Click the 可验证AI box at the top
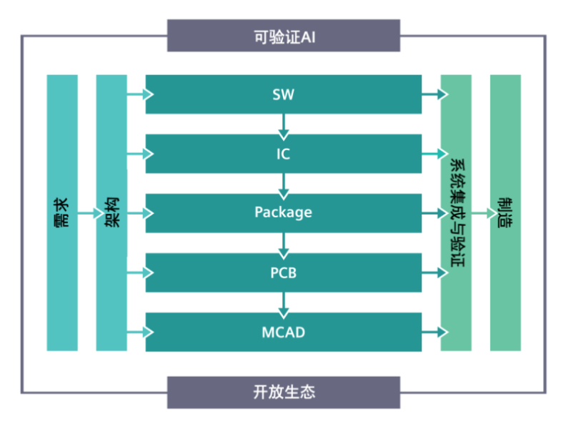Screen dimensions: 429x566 pyautogui.click(x=284, y=36)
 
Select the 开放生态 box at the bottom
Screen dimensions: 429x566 pyautogui.click(x=284, y=392)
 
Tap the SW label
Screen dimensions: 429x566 pyautogui.click(x=284, y=94)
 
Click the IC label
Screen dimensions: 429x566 pyautogui.click(x=284, y=154)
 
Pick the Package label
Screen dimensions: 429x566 pyautogui.click(x=284, y=212)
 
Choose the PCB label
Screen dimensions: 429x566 pyautogui.click(x=284, y=272)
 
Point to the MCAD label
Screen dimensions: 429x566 pyautogui.click(x=284, y=332)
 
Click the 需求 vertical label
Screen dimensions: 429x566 pyautogui.click(x=62, y=212)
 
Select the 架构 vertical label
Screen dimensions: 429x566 pyautogui.click(x=112, y=212)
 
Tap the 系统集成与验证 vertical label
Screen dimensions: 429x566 pyautogui.click(x=456, y=212)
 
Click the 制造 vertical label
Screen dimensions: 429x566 pyautogui.click(x=505, y=212)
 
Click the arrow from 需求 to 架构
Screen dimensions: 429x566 pyautogui.click(x=87, y=213)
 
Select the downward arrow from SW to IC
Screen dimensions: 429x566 pyautogui.click(x=284, y=124)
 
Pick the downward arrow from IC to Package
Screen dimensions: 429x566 pyautogui.click(x=284, y=184)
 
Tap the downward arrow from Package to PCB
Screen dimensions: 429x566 pyautogui.click(x=284, y=243)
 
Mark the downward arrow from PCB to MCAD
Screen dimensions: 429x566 pyautogui.click(x=284, y=302)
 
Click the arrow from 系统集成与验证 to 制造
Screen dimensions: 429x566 pyautogui.click(x=481, y=213)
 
